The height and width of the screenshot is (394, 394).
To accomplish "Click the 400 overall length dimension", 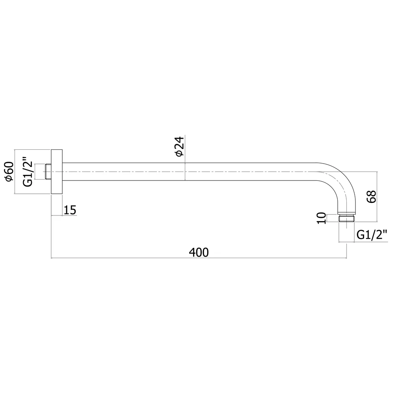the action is click(199, 252).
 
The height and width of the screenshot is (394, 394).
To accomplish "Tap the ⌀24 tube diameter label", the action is click(180, 147).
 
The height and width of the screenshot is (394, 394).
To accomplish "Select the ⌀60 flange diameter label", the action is click(9, 171).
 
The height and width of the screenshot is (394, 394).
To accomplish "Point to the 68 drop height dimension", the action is click(371, 197).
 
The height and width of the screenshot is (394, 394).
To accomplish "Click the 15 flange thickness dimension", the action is click(70, 210).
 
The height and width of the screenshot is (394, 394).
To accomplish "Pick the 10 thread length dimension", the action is click(322, 218).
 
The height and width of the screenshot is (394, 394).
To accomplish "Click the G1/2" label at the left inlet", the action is click(28, 172).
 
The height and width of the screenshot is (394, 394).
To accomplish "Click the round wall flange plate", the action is click(57, 172).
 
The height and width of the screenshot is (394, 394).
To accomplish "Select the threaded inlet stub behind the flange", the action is click(48, 172).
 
